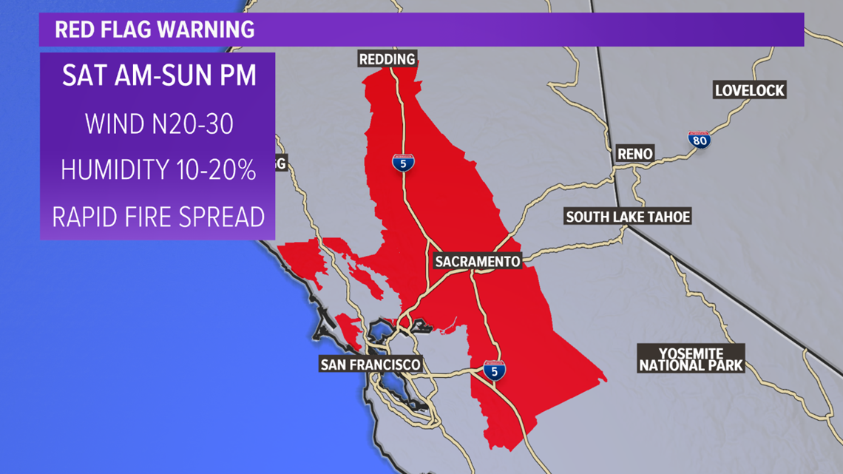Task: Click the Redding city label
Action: point(387,58)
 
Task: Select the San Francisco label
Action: point(370,364)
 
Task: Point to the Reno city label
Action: point(634,154)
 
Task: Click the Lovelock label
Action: point(749,91)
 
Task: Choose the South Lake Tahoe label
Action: point(628,217)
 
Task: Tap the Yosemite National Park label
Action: point(691,359)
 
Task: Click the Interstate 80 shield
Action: point(699,139)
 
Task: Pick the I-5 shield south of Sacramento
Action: point(495,371)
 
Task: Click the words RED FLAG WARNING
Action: point(155,30)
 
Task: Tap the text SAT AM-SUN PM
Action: point(159,77)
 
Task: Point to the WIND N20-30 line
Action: point(159,123)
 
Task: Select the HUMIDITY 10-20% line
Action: point(158,170)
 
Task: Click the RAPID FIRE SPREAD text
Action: point(158,217)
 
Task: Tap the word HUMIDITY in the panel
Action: point(118,170)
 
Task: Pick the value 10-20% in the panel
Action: point(219,170)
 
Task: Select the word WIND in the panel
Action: point(111,123)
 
